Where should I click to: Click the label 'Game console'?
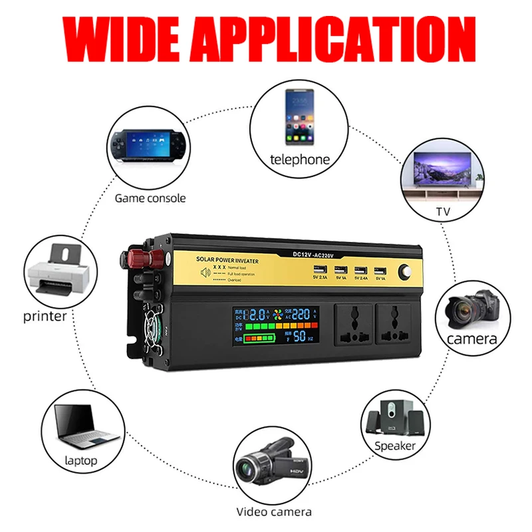coord(150,198)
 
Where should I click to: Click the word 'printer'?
coord(45,316)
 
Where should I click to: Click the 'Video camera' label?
coord(274,512)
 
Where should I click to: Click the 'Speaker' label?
coord(395,446)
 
